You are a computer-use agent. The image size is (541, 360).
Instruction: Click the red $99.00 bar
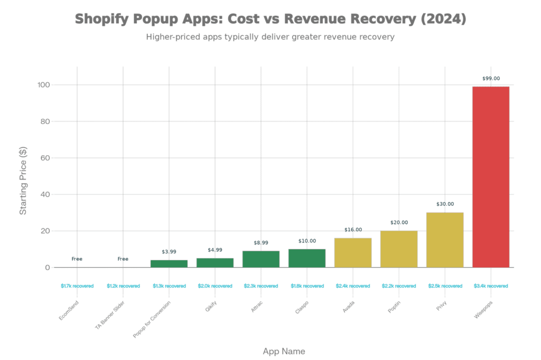490,176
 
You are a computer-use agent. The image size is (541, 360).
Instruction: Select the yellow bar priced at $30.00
445,240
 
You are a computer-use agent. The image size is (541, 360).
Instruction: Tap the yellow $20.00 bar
399,249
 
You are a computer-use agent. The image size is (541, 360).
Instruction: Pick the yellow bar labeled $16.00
353,252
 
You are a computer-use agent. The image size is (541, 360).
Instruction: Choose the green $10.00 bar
307,258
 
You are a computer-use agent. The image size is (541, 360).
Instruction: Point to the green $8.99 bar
261,259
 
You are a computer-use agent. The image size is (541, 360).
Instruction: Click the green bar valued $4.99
215,262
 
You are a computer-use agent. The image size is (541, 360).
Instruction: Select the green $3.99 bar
169,263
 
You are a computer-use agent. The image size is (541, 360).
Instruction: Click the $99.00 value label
491,79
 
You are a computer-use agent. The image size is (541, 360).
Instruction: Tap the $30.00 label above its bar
445,204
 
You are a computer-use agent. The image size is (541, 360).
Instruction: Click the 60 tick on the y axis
45,158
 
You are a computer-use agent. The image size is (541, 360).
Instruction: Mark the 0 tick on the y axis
48,268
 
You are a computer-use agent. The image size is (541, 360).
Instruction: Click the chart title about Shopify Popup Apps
270,20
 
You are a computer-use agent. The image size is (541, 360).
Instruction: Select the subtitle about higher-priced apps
270,37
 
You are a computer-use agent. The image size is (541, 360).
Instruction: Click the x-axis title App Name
284,351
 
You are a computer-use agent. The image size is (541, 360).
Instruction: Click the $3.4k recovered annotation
491,286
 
